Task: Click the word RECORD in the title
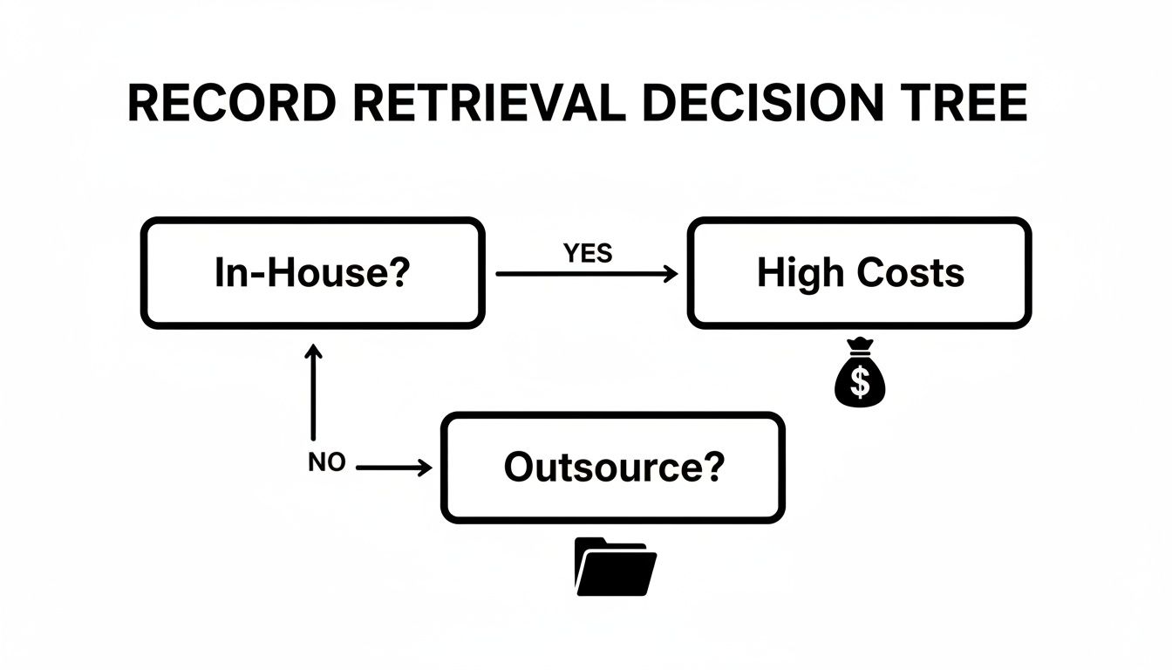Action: tap(231, 105)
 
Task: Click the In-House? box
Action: tap(312, 273)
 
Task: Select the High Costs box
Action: tap(860, 273)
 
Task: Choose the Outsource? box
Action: tap(613, 468)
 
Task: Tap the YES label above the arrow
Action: tap(587, 254)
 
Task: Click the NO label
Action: tap(327, 464)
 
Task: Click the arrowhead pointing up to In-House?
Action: tap(312, 352)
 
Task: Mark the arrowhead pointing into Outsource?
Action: tap(426, 468)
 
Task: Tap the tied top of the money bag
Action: tap(861, 345)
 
